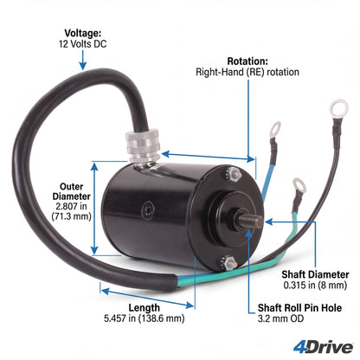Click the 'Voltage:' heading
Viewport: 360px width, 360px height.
pos(83,33)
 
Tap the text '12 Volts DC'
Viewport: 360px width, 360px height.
pos(83,44)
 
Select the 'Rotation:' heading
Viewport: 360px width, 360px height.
pos(247,61)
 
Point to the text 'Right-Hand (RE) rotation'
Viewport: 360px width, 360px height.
pos(247,72)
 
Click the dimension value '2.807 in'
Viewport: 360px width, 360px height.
pos(71,206)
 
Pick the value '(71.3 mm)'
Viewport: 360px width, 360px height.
pos(71,216)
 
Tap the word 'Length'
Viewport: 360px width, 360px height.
pos(144,308)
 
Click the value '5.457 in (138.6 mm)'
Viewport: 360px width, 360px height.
pos(145,318)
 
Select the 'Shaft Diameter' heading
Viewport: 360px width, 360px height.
pos(315,274)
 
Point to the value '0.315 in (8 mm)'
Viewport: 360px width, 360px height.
pos(315,286)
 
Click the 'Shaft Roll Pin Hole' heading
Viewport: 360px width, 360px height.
pos(299,308)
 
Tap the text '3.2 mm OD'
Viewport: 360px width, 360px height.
pos(280,318)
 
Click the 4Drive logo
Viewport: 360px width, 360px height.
pos(324,347)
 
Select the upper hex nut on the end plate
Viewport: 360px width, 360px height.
pos(235,176)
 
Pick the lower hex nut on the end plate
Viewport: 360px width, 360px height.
pos(230,264)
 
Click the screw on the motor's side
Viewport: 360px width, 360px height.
pos(148,209)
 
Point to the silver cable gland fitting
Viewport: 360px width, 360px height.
pos(144,146)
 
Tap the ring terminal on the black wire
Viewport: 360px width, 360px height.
pos(338,109)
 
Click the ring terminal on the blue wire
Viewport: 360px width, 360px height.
pos(275,130)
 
